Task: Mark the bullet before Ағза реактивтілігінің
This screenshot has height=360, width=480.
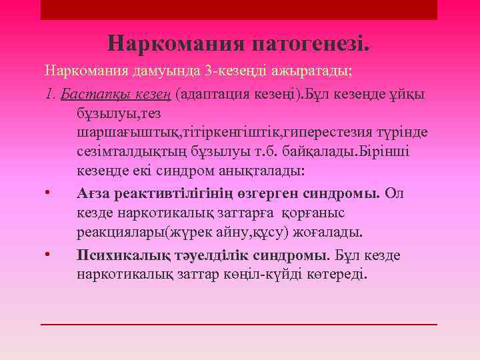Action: tap(48, 193)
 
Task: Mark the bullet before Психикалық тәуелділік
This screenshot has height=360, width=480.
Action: tap(48, 255)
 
